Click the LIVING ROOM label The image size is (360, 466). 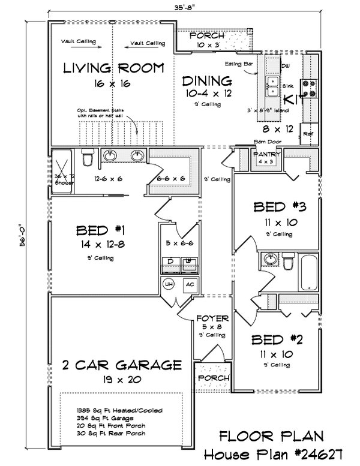113,68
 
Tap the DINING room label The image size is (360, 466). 207,80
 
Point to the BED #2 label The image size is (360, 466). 278,340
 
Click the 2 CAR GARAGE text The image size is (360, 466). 121,364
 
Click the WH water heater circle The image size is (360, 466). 168,284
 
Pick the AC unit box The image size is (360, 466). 188,284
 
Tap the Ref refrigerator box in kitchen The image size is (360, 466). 309,134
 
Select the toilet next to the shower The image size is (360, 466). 88,158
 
